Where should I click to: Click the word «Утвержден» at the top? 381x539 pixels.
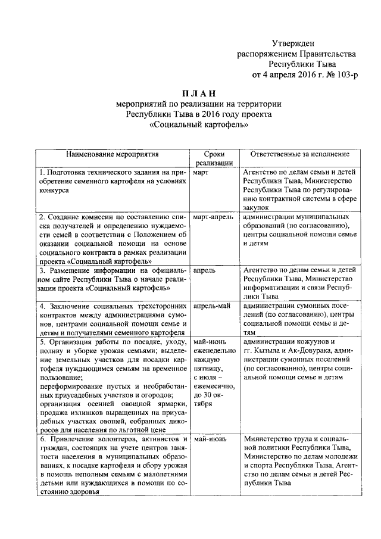click(292, 42)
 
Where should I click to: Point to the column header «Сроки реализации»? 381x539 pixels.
click(213, 158)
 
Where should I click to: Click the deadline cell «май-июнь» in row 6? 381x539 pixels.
click(209, 440)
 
